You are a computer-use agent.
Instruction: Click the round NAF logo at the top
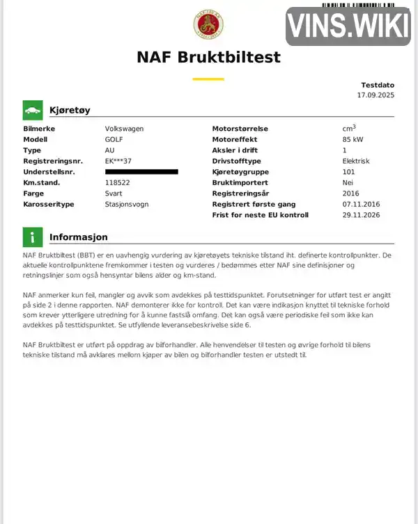(208, 25)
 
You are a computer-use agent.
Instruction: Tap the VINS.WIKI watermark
(348, 26)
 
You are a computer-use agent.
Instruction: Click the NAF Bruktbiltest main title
(208, 57)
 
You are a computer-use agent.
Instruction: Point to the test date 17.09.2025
(376, 94)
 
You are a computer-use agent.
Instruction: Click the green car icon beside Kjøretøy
(32, 110)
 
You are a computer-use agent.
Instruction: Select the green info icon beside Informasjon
(32, 237)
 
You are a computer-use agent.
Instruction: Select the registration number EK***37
(118, 161)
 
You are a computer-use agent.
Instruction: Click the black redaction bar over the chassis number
(141, 171)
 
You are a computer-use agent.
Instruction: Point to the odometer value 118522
(117, 182)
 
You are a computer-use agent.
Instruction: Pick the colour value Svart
(114, 193)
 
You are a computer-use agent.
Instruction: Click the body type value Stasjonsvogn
(126, 205)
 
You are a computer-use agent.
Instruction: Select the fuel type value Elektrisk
(356, 161)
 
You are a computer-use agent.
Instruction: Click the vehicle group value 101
(348, 172)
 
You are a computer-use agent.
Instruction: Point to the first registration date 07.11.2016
(362, 205)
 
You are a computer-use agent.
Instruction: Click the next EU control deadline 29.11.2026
(362, 215)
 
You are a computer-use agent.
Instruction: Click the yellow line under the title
(208, 79)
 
